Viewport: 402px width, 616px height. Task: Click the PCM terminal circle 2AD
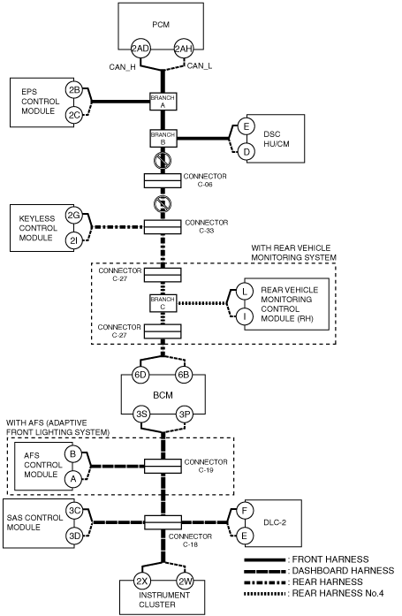(140, 49)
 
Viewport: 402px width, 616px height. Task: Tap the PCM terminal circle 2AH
(184, 49)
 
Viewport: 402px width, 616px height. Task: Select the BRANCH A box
(163, 102)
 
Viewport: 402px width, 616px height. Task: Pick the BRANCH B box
(163, 138)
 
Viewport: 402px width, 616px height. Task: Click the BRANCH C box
(163, 303)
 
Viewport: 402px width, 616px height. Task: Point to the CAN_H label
(122, 67)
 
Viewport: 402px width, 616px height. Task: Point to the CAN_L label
(200, 66)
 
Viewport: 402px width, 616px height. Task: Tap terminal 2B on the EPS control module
(74, 90)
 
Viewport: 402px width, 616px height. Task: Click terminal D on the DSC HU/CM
(247, 151)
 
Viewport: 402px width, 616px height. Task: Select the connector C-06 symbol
(163, 180)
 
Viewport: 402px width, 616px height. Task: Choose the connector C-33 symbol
(163, 227)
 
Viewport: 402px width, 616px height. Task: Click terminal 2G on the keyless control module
(74, 216)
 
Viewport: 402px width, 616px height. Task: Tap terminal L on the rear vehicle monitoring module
(245, 292)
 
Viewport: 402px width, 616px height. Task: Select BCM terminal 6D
(140, 375)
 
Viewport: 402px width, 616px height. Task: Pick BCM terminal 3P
(184, 414)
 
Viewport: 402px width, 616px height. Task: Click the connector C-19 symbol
(163, 466)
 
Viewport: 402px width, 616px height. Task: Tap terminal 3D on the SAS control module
(74, 536)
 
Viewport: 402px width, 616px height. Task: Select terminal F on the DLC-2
(245, 511)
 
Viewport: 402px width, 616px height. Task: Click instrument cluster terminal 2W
(184, 581)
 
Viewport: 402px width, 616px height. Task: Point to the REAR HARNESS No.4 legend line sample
(264, 593)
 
